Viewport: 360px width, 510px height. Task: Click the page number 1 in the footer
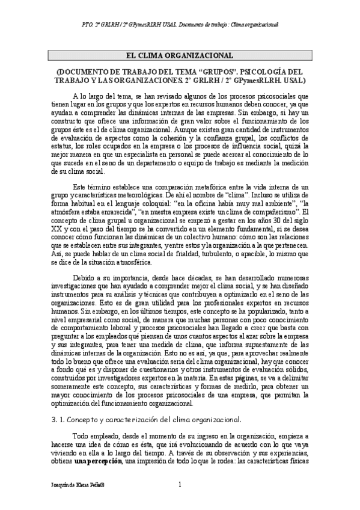(x=180, y=485)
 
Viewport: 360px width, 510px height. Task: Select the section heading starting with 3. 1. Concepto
(x=146, y=419)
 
